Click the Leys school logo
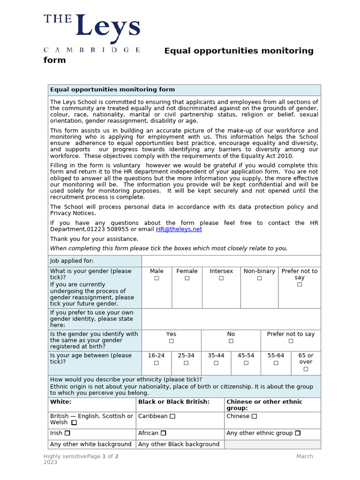[92, 33]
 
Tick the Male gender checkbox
[157, 278]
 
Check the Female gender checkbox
[187, 278]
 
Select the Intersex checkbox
[221, 278]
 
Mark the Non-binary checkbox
[259, 278]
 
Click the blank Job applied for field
[231, 261]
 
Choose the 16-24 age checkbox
[156, 363]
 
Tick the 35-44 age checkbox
[216, 363]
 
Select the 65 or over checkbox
[306, 369]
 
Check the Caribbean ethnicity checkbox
[172, 416]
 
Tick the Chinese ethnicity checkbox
[254, 416]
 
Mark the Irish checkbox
[67, 433]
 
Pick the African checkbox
[163, 433]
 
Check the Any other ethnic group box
[298, 433]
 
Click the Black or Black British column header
[174, 402]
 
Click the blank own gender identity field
[231, 319]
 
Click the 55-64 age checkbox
[276, 363]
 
